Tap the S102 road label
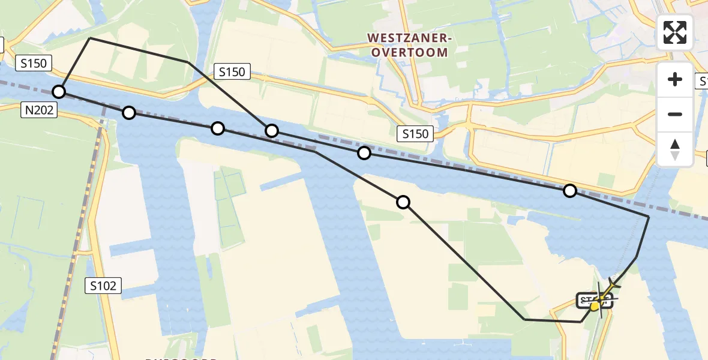click(x=103, y=286)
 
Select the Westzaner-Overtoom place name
click(x=409, y=46)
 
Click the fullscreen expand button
click(x=675, y=32)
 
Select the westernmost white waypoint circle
click(x=59, y=92)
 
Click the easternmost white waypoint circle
click(x=570, y=191)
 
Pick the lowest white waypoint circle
click(x=403, y=202)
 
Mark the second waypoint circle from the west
click(x=129, y=112)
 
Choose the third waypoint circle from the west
click(x=218, y=128)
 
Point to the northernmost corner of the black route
click(x=89, y=38)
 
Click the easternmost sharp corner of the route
click(x=649, y=216)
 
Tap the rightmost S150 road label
click(x=415, y=134)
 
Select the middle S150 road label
click(x=232, y=72)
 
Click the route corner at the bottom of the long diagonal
click(x=524, y=319)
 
